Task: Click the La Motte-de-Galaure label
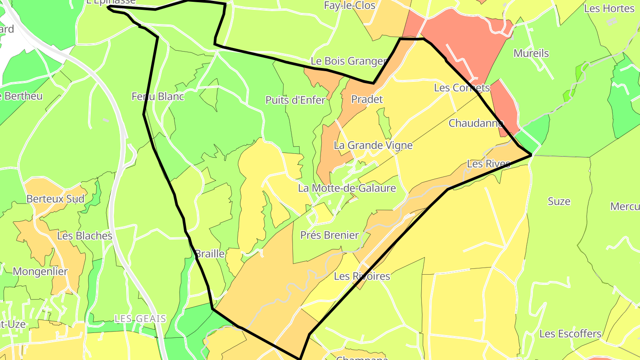click(x=347, y=188)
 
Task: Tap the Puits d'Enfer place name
click(x=296, y=100)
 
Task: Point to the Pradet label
click(x=367, y=99)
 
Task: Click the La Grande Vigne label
click(x=373, y=145)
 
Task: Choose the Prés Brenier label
click(x=329, y=235)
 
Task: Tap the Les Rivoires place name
click(x=362, y=276)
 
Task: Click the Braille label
click(x=210, y=253)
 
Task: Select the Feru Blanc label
click(x=158, y=96)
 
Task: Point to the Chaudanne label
click(x=476, y=123)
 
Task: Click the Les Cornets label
click(x=462, y=88)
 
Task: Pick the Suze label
click(x=559, y=201)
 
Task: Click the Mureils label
click(x=531, y=53)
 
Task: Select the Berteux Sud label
click(x=55, y=199)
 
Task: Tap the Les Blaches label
click(x=85, y=236)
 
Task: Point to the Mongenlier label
click(x=40, y=272)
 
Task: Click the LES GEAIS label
click(x=140, y=319)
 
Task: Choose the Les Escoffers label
click(x=570, y=333)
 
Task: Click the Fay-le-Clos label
click(x=350, y=6)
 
